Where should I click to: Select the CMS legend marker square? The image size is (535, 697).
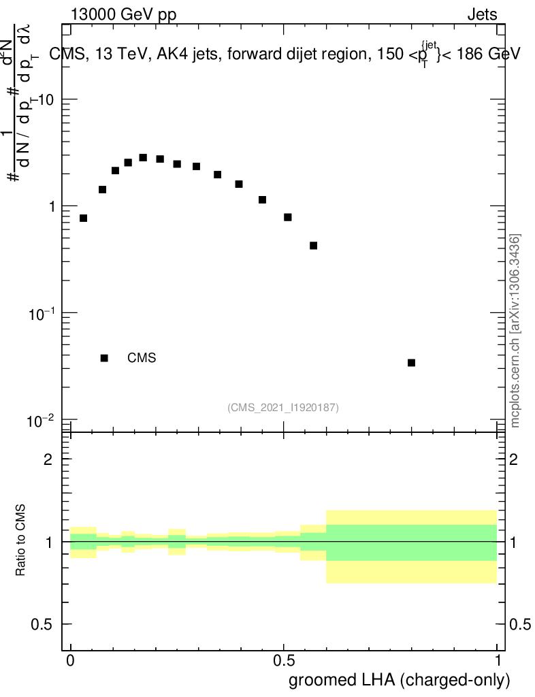pyautogui.click(x=104, y=358)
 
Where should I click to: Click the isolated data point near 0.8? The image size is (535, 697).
pyautogui.click(x=411, y=363)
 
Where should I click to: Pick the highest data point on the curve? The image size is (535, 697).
pyautogui.click(x=143, y=157)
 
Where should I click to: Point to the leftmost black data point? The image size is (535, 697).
pyautogui.click(x=84, y=218)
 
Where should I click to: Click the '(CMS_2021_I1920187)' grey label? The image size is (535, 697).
pyautogui.click(x=283, y=407)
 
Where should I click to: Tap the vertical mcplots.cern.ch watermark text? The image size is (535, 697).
pyautogui.click(x=515, y=331)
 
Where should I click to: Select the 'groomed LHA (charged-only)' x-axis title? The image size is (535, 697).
pyautogui.click(x=400, y=680)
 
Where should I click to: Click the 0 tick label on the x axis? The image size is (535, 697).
pyautogui.click(x=70, y=661)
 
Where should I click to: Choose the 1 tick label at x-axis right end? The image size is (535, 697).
pyautogui.click(x=498, y=661)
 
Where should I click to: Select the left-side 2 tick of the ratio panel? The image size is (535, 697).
pyautogui.click(x=48, y=459)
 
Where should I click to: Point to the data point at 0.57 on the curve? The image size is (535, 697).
pyautogui.click(x=314, y=245)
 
